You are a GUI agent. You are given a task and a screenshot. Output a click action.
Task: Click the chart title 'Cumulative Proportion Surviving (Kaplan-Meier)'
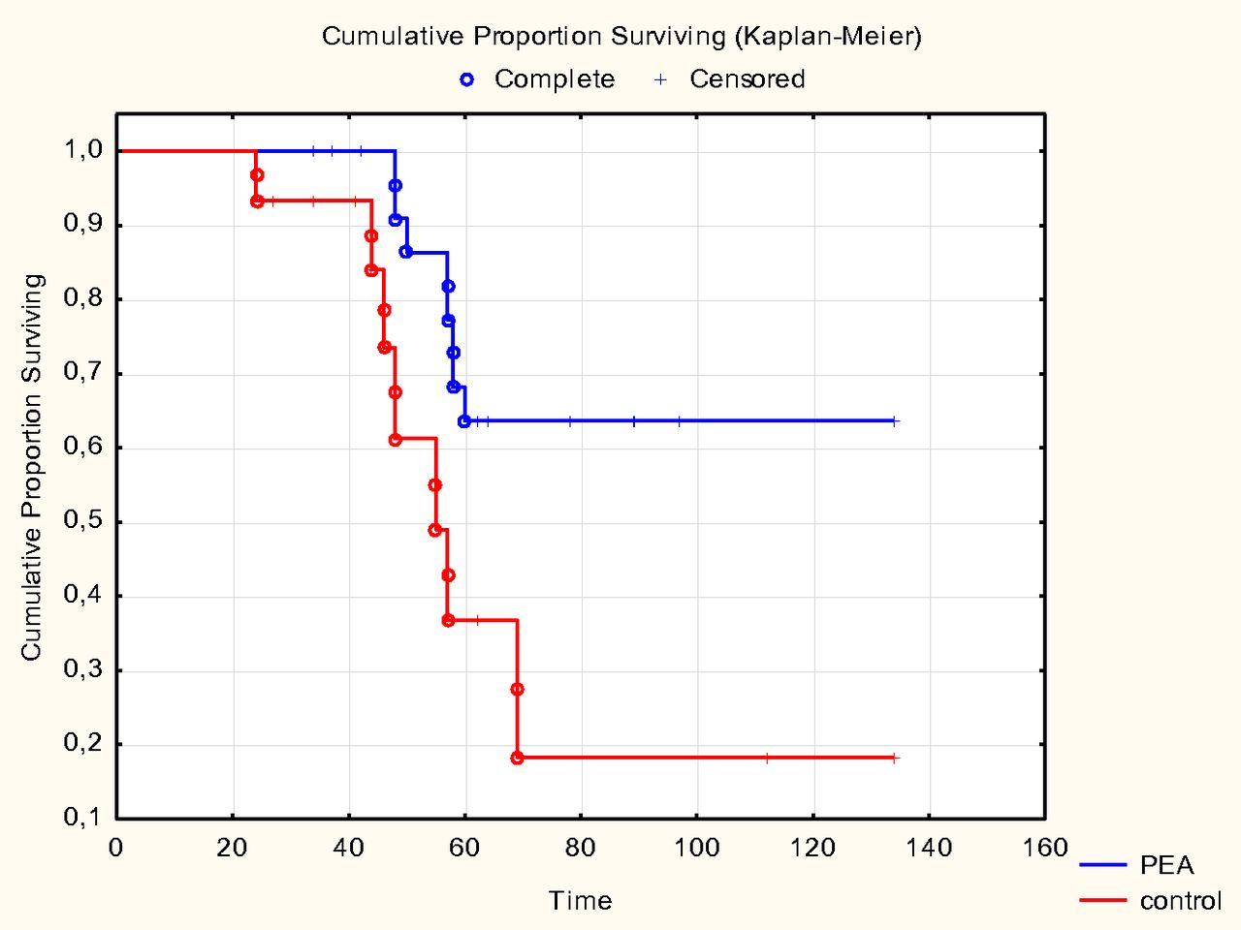(621, 37)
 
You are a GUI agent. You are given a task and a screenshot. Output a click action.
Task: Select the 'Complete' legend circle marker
(467, 79)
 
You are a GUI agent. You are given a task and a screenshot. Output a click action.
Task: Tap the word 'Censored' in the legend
(747, 79)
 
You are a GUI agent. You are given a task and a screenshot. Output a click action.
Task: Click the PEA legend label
(1166, 865)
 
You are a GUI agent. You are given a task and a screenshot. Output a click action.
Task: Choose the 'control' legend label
(1180, 901)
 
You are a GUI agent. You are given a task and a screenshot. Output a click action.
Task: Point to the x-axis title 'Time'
(580, 901)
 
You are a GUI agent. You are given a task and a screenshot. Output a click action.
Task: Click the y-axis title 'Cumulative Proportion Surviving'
(32, 467)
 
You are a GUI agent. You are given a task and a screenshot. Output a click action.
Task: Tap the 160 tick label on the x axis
(1044, 849)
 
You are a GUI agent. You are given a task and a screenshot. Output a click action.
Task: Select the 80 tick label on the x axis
(580, 849)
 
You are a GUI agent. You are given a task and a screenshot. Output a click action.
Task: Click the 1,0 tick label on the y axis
(83, 150)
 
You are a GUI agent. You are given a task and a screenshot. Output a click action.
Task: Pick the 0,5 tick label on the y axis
(83, 522)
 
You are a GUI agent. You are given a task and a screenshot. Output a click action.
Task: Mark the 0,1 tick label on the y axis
(83, 819)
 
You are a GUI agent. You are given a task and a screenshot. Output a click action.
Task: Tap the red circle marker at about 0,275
(517, 690)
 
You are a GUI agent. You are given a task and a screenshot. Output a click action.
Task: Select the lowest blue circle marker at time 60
(464, 421)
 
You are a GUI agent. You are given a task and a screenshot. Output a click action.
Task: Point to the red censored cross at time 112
(766, 758)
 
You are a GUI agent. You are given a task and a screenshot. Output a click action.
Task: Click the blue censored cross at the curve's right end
(895, 421)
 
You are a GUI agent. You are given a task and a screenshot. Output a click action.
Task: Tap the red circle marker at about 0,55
(435, 485)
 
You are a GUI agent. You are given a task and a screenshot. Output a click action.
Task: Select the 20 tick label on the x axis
(232, 849)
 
